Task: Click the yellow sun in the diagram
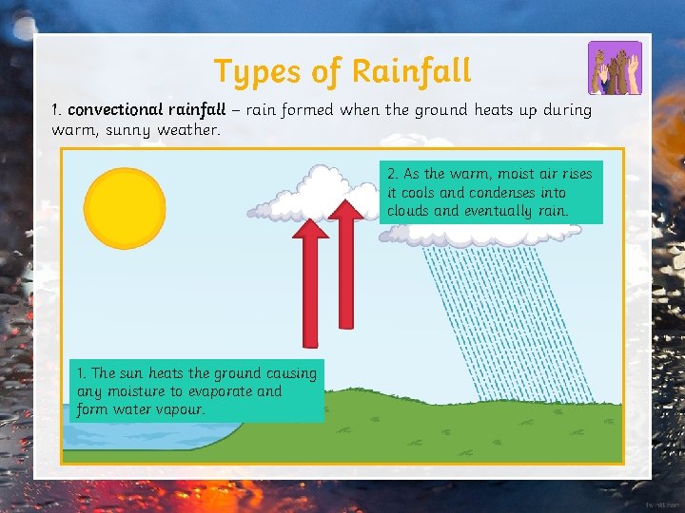125,206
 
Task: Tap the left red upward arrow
311,284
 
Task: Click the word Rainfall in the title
411,70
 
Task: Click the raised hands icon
615,67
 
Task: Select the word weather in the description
192,129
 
